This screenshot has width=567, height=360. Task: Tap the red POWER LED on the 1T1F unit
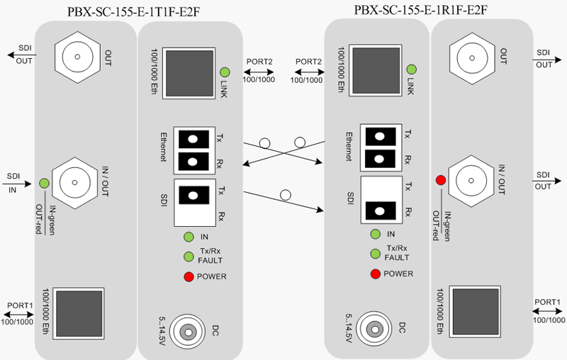point(189,276)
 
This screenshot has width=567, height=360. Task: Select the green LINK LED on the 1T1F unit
point(225,72)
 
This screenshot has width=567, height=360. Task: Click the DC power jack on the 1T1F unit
point(189,330)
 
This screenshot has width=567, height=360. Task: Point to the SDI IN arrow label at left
point(15,183)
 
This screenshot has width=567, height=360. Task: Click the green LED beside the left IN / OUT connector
point(44,183)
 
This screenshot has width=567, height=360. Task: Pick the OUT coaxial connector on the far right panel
point(472,53)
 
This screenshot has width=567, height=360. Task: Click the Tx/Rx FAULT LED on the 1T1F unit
point(189,257)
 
